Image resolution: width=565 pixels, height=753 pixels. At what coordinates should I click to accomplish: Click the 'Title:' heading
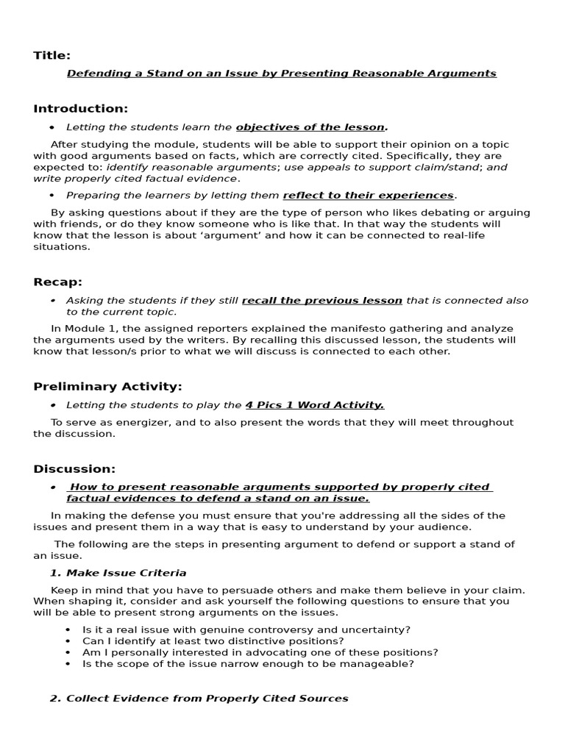(x=51, y=55)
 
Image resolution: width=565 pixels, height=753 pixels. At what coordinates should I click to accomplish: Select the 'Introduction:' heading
(x=80, y=109)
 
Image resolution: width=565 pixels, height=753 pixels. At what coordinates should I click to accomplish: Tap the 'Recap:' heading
(x=57, y=282)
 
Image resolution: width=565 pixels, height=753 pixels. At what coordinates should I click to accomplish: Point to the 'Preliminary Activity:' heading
(x=107, y=387)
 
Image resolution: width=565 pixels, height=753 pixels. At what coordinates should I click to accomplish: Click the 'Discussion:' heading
(x=74, y=468)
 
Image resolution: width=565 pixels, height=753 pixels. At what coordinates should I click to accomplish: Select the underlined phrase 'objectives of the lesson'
(x=310, y=127)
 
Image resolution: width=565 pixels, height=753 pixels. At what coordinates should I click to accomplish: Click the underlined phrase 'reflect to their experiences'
(x=368, y=196)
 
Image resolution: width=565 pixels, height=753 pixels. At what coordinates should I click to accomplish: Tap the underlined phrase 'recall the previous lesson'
(x=321, y=301)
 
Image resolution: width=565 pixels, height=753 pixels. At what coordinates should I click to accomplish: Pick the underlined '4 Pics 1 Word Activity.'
(x=314, y=405)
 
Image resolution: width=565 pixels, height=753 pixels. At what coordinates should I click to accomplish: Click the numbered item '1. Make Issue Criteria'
(x=118, y=573)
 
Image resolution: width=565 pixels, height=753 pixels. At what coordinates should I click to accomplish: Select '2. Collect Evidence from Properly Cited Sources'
(x=199, y=699)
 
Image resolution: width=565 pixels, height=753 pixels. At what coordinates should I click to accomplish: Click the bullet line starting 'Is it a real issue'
(x=246, y=629)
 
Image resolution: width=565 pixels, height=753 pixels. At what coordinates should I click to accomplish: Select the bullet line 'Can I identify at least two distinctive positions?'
(x=213, y=640)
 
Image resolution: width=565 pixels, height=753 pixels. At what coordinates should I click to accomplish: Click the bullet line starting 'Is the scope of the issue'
(x=248, y=663)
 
